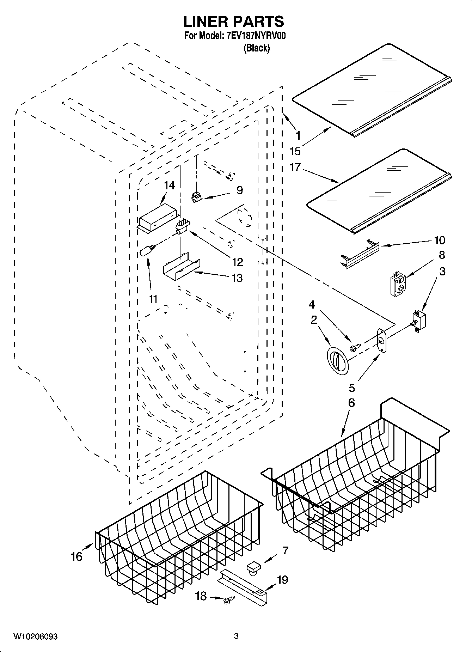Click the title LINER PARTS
pyautogui.click(x=233, y=22)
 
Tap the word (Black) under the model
pyautogui.click(x=257, y=48)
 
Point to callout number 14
pyautogui.click(x=170, y=185)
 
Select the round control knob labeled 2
pyautogui.click(x=338, y=360)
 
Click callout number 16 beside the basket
pyautogui.click(x=76, y=556)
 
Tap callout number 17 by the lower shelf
pyautogui.click(x=295, y=167)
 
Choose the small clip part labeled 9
pyautogui.click(x=196, y=197)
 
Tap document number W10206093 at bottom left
pyautogui.click(x=36, y=636)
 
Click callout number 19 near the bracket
pyautogui.click(x=282, y=580)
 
